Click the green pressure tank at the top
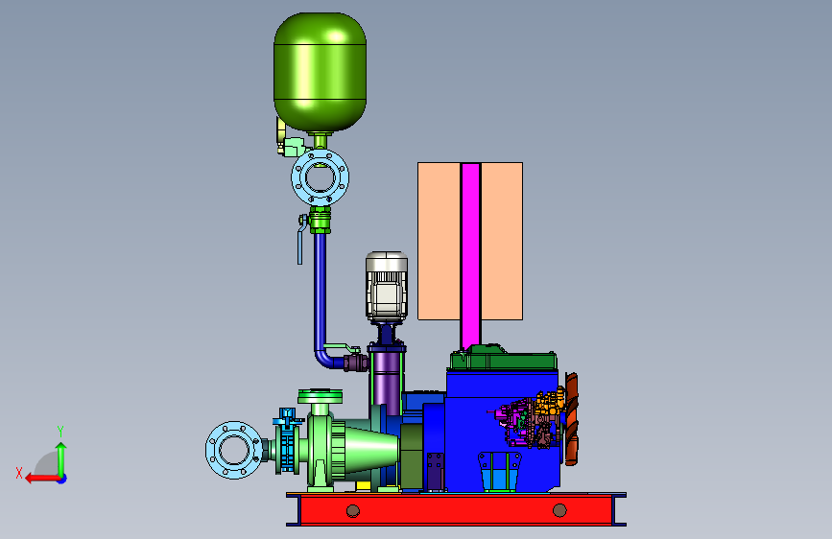pos(320,72)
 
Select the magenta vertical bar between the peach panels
pos(470,256)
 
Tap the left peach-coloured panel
pos(439,242)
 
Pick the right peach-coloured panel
pos(502,242)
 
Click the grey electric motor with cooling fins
pos(387,287)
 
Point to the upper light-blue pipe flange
pos(320,177)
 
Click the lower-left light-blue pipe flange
pos(234,451)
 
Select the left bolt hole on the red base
pos(353,511)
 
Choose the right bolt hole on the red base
pos(559,510)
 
